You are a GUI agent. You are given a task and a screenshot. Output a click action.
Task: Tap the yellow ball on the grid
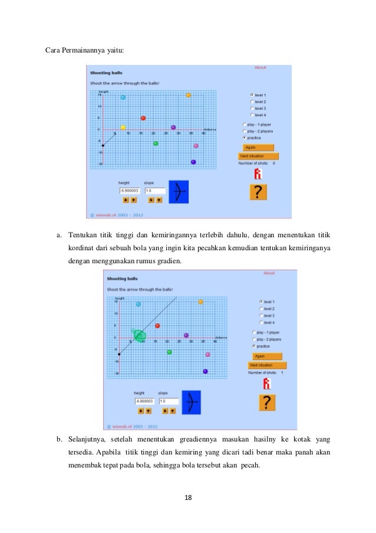click(x=123, y=127)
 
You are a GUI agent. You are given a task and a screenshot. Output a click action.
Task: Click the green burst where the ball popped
click(x=139, y=336)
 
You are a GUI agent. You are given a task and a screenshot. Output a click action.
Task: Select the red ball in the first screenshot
click(x=143, y=118)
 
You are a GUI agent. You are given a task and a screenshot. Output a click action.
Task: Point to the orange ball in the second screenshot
click(x=201, y=302)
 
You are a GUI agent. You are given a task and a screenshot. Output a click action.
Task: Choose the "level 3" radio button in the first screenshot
click(x=252, y=109)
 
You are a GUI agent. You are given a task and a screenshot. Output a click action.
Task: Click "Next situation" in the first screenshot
click(x=258, y=156)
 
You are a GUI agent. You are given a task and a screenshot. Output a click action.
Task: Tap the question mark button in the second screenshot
click(x=268, y=402)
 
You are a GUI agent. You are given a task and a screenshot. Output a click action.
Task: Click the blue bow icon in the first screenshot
click(x=179, y=192)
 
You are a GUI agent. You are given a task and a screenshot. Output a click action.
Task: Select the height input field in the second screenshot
click(x=144, y=401)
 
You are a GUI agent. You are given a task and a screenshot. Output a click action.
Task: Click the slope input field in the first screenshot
click(x=154, y=191)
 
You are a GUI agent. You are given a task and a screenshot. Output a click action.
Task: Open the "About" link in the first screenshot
click(x=259, y=67)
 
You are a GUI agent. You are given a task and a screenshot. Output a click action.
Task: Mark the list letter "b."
click(x=60, y=440)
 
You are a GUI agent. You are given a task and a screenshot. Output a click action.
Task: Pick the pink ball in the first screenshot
click(x=196, y=146)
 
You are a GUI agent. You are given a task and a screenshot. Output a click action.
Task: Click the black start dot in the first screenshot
click(x=103, y=145)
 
